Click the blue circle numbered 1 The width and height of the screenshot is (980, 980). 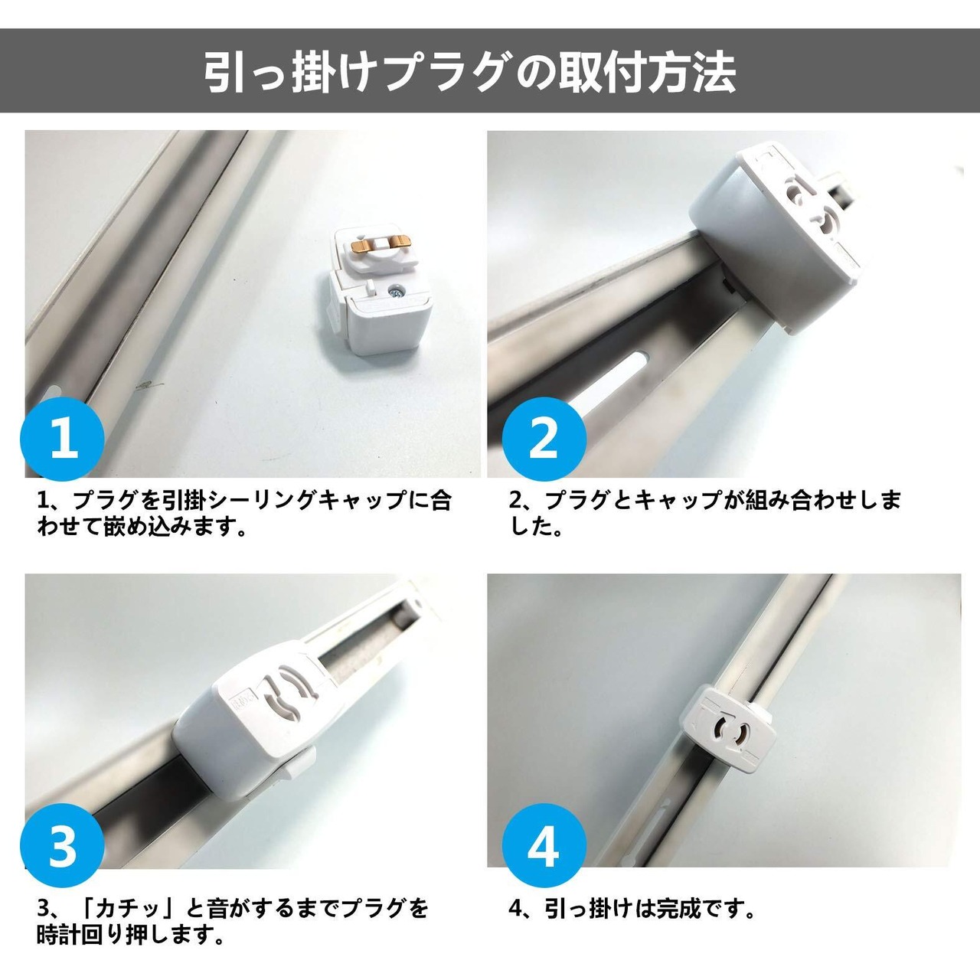[x=62, y=439]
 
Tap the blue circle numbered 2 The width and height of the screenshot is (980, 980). [x=544, y=439]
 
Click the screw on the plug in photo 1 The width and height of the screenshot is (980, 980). [x=394, y=292]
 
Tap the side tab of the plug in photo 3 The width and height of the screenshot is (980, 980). [x=300, y=769]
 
